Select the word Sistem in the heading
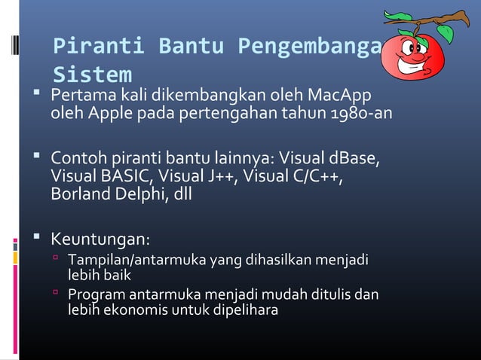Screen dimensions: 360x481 coord(93,75)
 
